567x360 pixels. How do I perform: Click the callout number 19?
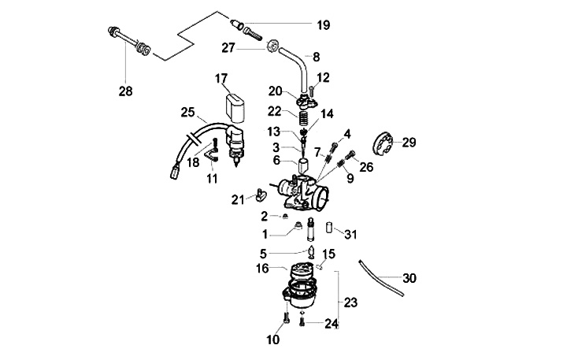[323, 25]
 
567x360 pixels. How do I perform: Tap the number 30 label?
[409, 278]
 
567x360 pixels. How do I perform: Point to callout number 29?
[409, 143]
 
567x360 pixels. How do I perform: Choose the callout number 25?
[187, 112]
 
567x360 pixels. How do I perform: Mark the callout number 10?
[272, 340]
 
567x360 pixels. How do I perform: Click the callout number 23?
[350, 302]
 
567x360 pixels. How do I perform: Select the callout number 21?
[237, 200]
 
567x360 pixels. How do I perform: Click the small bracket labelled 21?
[258, 191]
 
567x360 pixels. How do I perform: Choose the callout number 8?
[317, 57]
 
